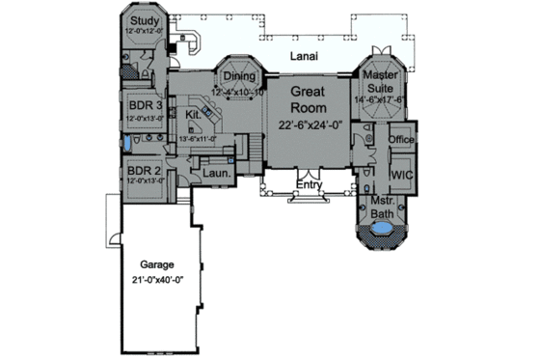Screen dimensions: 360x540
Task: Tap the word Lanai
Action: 304,58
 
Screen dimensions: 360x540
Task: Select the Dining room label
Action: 238,77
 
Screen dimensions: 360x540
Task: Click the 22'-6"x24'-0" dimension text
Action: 309,125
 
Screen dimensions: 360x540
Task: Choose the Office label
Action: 401,140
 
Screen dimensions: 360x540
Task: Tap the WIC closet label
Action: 401,176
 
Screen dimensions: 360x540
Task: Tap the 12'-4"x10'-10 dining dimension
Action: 238,92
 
